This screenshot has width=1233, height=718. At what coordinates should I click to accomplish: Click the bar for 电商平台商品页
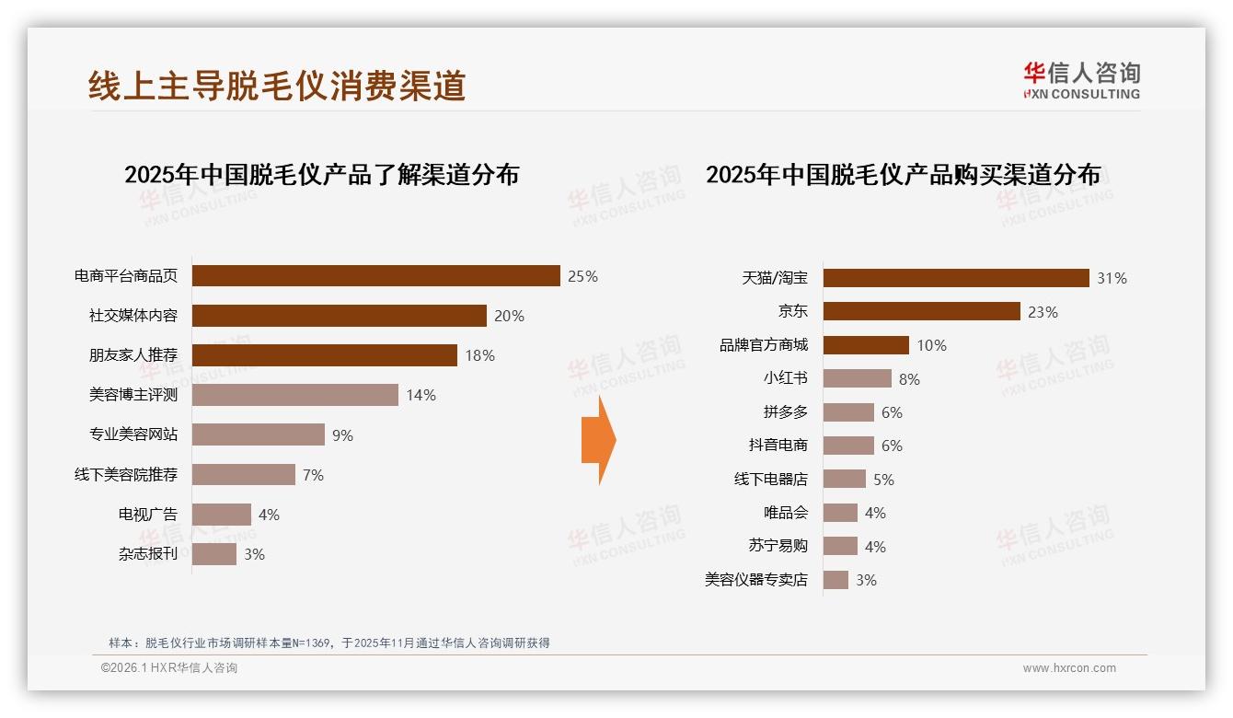point(375,276)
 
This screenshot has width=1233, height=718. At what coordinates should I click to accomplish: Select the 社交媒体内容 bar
point(339,316)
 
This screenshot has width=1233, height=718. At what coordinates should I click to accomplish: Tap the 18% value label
point(479,355)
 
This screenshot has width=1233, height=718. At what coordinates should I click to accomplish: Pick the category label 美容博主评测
point(133,395)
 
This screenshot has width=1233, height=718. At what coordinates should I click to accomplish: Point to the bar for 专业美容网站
point(258,434)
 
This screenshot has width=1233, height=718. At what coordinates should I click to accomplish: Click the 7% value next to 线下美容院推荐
point(313,475)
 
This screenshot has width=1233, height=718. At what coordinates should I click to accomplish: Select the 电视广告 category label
point(147,515)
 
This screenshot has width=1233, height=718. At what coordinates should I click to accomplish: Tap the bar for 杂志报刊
point(214,554)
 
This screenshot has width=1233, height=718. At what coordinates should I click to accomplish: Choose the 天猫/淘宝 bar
point(956,278)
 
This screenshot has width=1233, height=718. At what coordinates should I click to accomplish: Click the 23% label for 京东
point(1043,312)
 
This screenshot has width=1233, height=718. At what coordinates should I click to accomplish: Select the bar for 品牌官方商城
point(866,345)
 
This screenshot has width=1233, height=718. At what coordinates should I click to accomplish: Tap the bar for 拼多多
point(848,412)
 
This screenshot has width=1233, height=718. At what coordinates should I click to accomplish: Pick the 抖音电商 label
point(778,446)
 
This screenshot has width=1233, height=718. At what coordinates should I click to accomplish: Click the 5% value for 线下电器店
point(883,480)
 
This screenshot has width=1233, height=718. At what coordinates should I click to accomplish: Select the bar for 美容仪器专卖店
point(835,580)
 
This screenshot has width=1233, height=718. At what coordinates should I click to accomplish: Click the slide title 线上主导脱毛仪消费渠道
point(277,86)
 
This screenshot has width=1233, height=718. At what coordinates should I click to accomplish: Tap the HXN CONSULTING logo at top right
point(1081,81)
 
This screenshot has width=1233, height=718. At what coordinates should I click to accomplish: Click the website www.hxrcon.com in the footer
point(1069,668)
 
